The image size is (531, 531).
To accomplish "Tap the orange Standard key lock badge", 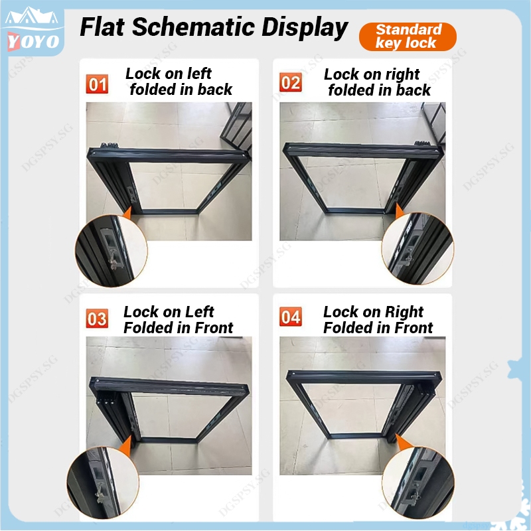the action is click(408, 37).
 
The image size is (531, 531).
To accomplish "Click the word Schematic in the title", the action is click(193, 27).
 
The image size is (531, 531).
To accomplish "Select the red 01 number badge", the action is click(97, 84).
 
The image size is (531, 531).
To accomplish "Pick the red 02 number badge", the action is click(291, 82).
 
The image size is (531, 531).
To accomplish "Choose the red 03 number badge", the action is click(97, 319).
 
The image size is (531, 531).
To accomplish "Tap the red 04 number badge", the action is click(291, 317).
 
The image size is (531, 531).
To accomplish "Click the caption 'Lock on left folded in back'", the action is click(179, 82).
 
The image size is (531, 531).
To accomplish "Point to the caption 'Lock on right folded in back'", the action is click(377, 82).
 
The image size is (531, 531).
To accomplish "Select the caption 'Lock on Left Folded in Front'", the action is click(178, 320).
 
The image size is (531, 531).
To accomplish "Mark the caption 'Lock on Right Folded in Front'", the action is click(378, 320).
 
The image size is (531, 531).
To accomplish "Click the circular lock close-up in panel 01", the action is click(111, 251).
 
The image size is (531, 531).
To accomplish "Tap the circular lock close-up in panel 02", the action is click(418, 248).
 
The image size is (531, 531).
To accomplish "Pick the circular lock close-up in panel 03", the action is click(103, 483).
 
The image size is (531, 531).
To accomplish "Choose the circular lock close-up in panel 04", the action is click(419, 483).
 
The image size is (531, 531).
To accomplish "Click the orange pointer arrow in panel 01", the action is click(127, 213).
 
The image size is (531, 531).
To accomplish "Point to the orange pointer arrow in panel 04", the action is click(402, 442).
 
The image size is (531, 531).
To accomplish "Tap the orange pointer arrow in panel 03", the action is click(126, 443).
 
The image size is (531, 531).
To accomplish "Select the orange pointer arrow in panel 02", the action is click(400, 211).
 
